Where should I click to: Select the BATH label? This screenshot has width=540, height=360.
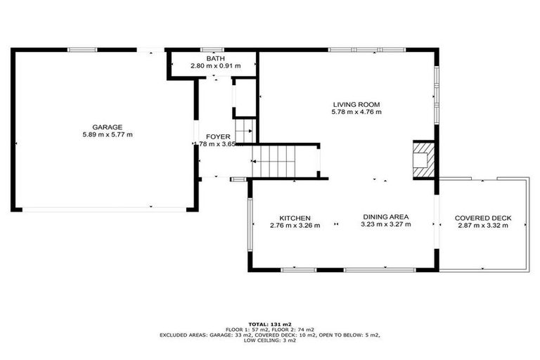[x=215, y=58]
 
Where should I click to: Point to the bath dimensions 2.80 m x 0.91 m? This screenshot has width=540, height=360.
[x=215, y=66]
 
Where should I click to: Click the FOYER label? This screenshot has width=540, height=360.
[x=217, y=136]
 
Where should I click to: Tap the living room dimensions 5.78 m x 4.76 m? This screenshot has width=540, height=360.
[x=356, y=112]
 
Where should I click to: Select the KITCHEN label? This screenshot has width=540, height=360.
[x=295, y=218]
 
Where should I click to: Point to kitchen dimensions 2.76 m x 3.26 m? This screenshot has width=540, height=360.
[x=295, y=226]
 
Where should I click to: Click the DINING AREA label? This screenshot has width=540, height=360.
[x=386, y=217]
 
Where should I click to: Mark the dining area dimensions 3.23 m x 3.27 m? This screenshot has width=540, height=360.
[x=386, y=225]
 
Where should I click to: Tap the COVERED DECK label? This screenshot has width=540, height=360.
[x=483, y=218]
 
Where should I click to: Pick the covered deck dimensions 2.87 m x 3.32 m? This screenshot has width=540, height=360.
[x=483, y=226]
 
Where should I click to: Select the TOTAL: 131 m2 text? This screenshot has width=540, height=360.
[x=270, y=323]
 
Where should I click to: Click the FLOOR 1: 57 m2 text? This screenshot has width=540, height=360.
[x=247, y=329]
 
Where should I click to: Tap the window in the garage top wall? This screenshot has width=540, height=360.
[x=82, y=49]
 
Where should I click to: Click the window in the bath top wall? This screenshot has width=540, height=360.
[x=209, y=50]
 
